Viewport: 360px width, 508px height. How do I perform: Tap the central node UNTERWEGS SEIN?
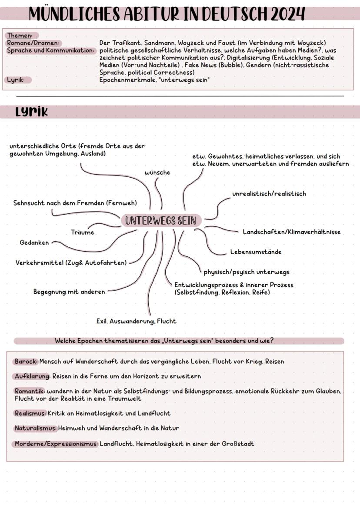click(x=160, y=221)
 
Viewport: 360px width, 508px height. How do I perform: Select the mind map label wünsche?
click(x=157, y=173)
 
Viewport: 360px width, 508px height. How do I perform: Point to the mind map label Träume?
click(x=83, y=232)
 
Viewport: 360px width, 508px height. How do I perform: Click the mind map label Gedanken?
click(x=34, y=242)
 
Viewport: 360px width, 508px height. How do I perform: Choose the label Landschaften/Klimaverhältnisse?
click(x=291, y=232)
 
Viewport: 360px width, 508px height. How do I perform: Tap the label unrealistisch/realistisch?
click(x=269, y=194)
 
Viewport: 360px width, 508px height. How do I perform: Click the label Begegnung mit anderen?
click(x=69, y=292)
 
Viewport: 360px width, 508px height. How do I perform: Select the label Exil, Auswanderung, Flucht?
click(x=136, y=322)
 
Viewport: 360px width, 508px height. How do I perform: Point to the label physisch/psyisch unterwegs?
click(x=246, y=272)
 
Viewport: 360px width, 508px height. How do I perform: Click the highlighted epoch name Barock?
click(x=26, y=362)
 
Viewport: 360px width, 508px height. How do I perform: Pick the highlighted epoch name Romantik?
click(x=30, y=392)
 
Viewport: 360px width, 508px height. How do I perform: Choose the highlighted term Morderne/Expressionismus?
click(x=56, y=444)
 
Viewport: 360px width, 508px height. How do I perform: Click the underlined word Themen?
click(x=20, y=36)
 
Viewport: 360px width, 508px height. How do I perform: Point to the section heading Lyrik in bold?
click(x=31, y=112)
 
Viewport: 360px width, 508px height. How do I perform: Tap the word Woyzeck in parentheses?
click(x=311, y=43)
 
